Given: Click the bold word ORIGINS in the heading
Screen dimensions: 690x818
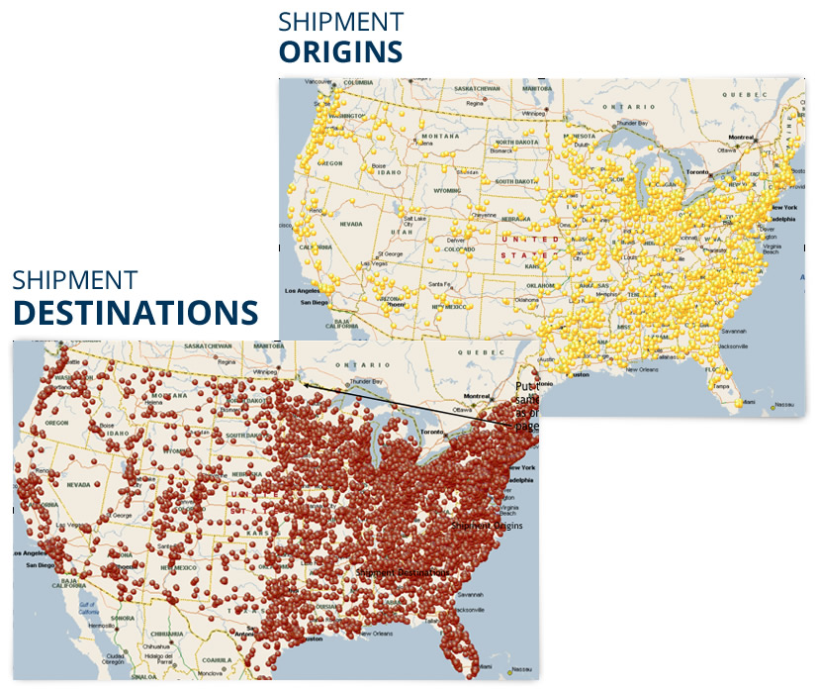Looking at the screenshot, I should pos(340,52).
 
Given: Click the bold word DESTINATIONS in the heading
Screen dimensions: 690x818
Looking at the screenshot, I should pos(135,312).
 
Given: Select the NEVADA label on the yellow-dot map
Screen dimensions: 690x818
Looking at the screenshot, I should pos(351,225).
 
